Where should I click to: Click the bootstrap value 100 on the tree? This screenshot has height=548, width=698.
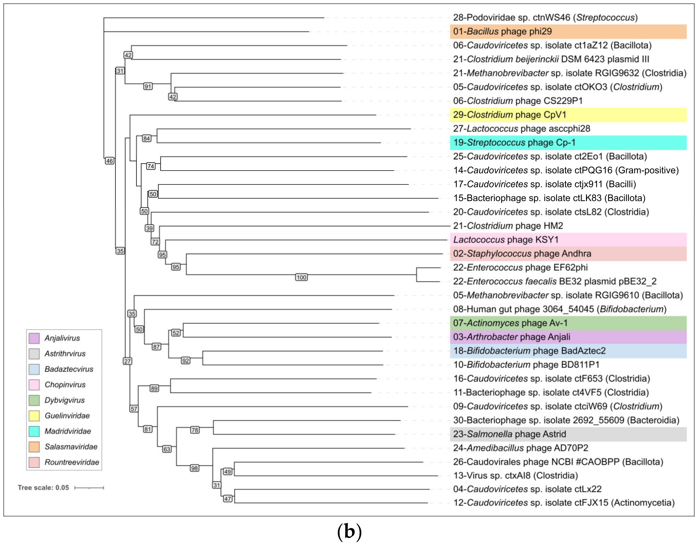tap(301, 277)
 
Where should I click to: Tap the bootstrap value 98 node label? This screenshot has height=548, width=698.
tap(194, 468)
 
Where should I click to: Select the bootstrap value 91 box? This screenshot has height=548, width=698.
tap(148, 86)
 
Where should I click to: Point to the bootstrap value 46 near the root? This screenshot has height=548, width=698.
tap(109, 161)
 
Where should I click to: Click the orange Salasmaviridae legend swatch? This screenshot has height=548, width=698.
tap(34, 447)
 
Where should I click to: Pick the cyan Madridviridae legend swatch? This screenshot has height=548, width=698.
tap(34, 431)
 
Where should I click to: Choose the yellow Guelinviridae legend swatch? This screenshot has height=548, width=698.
tap(34, 416)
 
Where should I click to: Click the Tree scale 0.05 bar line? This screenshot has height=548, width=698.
tap(89, 488)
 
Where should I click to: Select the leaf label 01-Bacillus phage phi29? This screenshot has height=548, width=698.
tap(502, 31)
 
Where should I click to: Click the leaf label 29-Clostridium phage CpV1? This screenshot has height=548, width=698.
tap(510, 115)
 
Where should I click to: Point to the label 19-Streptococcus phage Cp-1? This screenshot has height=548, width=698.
tap(514, 142)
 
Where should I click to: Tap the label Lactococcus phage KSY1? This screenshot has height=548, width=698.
tap(506, 240)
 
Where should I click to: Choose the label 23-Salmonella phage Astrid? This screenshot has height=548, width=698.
tap(509, 434)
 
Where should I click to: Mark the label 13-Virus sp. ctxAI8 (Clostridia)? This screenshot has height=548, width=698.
tap(515, 475)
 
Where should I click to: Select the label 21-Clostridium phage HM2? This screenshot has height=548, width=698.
tap(508, 226)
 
